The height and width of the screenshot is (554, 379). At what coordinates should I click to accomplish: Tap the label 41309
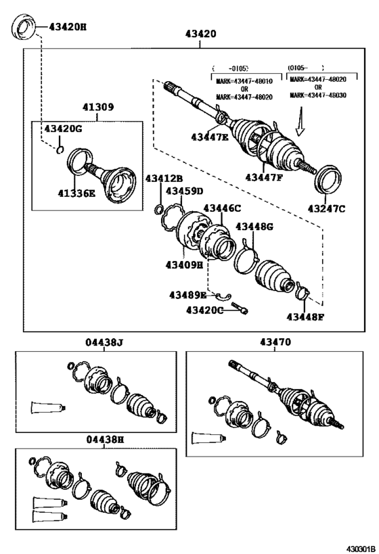(x=98, y=107)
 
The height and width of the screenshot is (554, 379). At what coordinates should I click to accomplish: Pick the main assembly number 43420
(x=200, y=33)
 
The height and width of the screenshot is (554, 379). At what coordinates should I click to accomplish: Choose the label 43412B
(x=165, y=178)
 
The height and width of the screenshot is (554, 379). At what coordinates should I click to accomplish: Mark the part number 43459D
(x=185, y=191)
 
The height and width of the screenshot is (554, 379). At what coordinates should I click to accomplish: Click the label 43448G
(x=255, y=227)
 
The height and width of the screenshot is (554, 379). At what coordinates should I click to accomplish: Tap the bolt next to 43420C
(x=240, y=308)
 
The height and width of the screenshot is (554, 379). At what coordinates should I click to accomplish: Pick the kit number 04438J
(x=104, y=343)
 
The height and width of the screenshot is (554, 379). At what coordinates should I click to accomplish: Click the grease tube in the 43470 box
(x=207, y=436)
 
